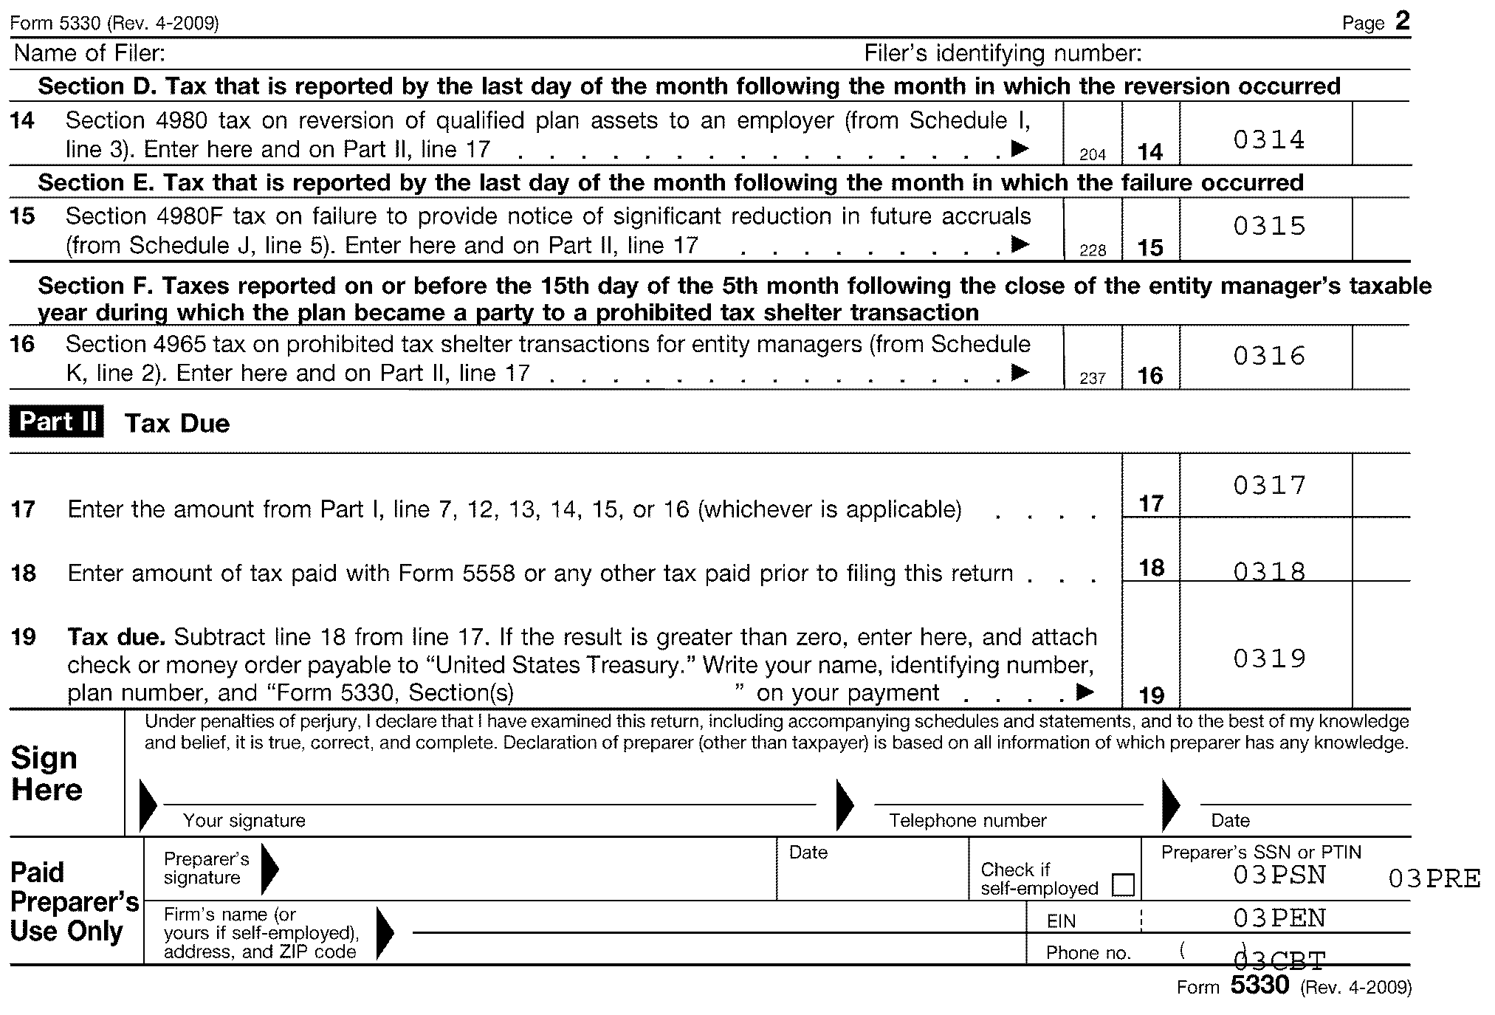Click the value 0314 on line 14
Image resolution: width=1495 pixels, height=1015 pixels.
pyautogui.click(x=1269, y=140)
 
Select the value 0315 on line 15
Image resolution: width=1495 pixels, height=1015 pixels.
pyautogui.click(x=1269, y=226)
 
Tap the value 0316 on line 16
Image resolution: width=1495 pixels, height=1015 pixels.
pyautogui.click(x=1269, y=356)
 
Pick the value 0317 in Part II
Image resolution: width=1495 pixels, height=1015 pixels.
pyautogui.click(x=1269, y=485)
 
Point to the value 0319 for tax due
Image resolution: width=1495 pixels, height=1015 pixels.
pyautogui.click(x=1269, y=658)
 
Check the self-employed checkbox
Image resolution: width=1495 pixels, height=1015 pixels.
pyautogui.click(x=1122, y=884)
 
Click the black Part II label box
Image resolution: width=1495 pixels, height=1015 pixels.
pyautogui.click(x=57, y=422)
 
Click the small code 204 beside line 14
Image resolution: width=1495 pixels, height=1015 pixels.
pyautogui.click(x=1092, y=154)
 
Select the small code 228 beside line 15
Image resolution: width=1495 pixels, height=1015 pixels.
pyautogui.click(x=1092, y=250)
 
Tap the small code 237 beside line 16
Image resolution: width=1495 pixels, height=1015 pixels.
pyautogui.click(x=1092, y=378)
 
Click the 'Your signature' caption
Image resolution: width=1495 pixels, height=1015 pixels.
pyautogui.click(x=244, y=820)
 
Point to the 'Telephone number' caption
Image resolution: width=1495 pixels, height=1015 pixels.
pyautogui.click(x=967, y=820)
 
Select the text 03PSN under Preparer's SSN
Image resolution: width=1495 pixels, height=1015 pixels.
pyautogui.click(x=1279, y=875)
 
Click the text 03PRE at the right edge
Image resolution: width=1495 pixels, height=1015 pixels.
pyautogui.click(x=1434, y=878)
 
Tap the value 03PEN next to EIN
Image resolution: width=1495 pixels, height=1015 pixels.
pyautogui.click(x=1279, y=918)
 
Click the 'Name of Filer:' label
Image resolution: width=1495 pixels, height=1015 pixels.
pyautogui.click(x=89, y=53)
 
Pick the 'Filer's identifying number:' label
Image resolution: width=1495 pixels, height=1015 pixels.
pyautogui.click(x=1003, y=53)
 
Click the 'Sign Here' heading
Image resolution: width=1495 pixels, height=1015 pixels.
pyautogui.click(x=46, y=774)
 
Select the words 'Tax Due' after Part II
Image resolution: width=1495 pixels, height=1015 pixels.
pyautogui.click(x=177, y=423)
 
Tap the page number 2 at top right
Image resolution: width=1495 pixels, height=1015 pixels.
pyautogui.click(x=1402, y=21)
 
